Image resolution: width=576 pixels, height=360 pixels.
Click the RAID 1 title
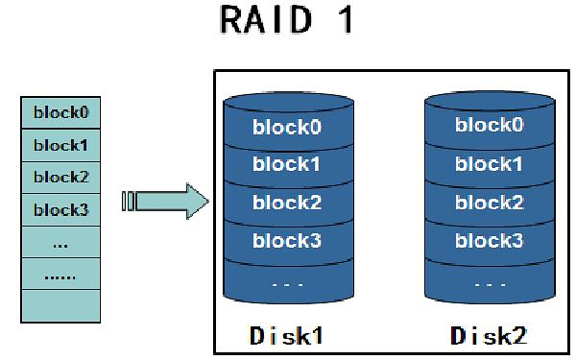click(x=287, y=22)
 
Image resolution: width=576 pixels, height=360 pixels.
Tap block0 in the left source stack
click(x=60, y=112)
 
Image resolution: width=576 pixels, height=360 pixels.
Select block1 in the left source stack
click(x=60, y=145)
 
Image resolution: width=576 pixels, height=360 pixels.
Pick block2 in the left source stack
click(x=60, y=178)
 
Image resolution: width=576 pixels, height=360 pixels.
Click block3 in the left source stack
click(x=60, y=210)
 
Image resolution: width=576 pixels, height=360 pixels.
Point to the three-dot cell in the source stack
click(x=60, y=243)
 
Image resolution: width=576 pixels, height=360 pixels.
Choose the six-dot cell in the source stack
click(x=60, y=276)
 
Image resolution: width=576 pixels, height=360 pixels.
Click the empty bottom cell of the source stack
click(x=60, y=306)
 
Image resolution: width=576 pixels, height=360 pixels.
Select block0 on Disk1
click(x=287, y=127)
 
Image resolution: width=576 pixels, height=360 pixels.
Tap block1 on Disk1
click(x=287, y=164)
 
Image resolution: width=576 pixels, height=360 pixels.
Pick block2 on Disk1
click(x=287, y=203)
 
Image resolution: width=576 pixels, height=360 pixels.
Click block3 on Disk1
click(x=287, y=241)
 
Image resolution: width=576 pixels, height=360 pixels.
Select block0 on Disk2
click(x=489, y=125)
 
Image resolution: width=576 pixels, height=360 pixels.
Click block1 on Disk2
click(x=489, y=164)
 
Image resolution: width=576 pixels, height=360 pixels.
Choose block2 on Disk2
click(x=489, y=203)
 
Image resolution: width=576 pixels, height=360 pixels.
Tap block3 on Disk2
click(x=489, y=241)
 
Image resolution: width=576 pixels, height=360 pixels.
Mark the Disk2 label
click(x=489, y=336)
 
